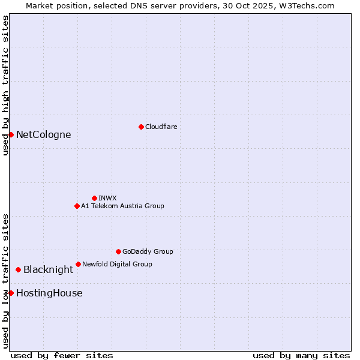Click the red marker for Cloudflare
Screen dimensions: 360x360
(141, 127)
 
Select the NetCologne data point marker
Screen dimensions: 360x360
(11, 134)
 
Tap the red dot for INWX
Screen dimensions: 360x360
(94, 198)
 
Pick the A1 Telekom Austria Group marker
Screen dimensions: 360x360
(77, 206)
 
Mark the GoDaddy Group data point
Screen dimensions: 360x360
(118, 251)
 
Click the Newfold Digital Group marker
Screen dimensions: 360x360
(78, 264)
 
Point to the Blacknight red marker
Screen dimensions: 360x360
(18, 270)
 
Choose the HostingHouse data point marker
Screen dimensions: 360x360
(11, 293)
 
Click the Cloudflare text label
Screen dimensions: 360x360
(161, 127)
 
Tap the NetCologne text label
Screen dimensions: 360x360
(44, 134)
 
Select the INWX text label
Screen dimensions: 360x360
(107, 198)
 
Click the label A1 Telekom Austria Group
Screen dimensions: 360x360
(122, 206)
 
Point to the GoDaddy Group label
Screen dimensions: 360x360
(148, 251)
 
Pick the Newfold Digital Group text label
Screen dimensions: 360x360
(117, 264)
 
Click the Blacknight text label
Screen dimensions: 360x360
(48, 270)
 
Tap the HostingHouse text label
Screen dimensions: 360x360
(49, 293)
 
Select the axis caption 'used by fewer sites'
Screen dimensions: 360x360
(62, 355)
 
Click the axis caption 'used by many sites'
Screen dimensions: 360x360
(301, 355)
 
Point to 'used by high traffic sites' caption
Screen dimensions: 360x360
(5, 85)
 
